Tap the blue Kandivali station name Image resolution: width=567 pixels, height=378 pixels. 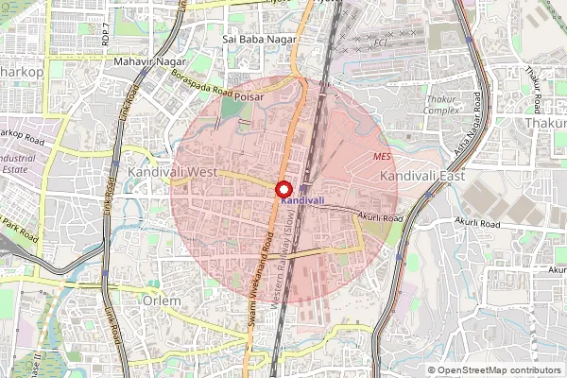coord(302,200)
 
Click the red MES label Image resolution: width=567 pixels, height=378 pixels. coord(382,156)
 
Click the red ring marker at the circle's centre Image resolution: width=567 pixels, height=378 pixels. coord(284,188)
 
